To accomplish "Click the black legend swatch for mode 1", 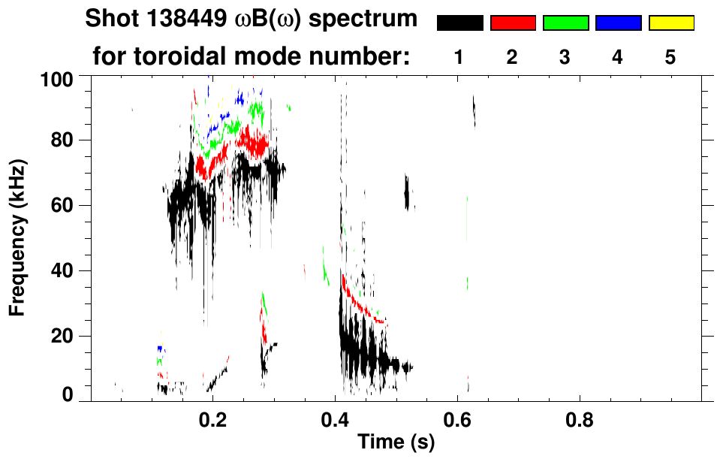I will (459, 23).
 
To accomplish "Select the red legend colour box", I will (513, 23).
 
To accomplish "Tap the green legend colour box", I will (565, 23).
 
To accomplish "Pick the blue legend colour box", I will (618, 23).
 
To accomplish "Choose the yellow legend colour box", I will (670, 23).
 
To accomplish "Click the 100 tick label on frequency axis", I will (59, 77).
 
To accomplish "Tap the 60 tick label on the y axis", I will (64, 205).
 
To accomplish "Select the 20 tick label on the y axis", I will (64, 336).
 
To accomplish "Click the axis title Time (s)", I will (395, 443).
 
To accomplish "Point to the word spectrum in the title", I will (369, 20).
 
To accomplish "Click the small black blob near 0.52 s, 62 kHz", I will (408, 194).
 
